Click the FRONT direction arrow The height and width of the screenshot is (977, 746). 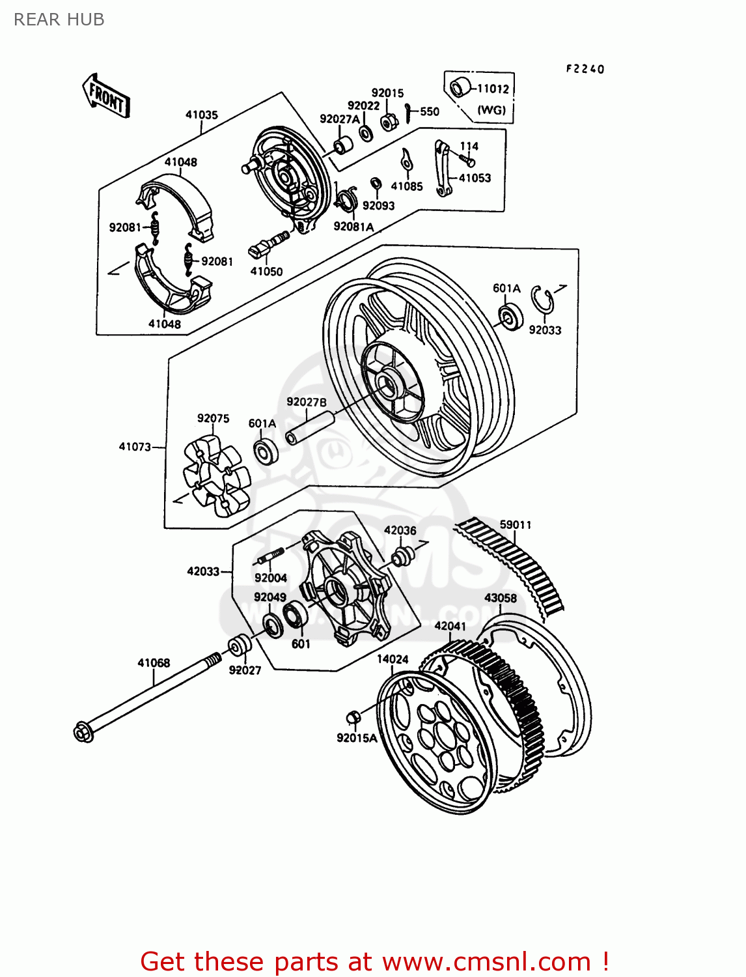coord(106,96)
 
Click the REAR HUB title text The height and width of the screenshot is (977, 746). coord(59,20)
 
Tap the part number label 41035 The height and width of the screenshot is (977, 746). coord(201,115)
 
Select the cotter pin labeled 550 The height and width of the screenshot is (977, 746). coord(408,113)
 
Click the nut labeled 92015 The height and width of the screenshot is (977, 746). coord(389,120)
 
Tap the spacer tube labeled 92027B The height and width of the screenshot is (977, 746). coord(311,427)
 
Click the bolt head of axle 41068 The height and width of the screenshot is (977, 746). coord(84,731)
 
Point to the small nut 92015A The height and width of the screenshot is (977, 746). coord(353,716)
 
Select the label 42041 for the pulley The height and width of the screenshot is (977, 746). coord(450,626)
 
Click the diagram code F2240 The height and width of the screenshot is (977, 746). coord(585,69)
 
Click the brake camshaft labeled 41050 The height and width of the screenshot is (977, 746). coord(269,243)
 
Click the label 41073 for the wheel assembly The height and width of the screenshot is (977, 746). coord(135,447)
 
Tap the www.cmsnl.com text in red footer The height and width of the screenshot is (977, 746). coord(486,961)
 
